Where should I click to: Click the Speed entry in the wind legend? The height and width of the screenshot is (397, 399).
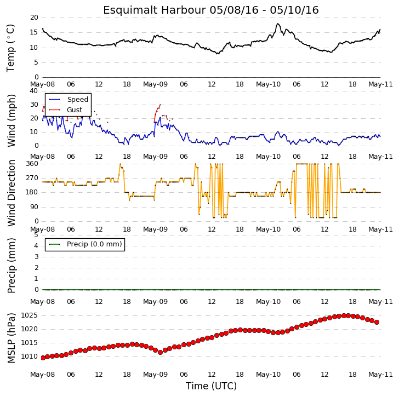pos(78,99)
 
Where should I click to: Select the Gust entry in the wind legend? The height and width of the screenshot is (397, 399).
pos(75,110)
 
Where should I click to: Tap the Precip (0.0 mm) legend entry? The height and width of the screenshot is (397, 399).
pos(94,244)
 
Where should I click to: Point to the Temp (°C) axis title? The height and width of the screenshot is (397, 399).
pos(11,48)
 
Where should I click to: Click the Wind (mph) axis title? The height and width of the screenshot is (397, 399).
pos(11,120)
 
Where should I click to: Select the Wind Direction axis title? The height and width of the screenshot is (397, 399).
pos(11,193)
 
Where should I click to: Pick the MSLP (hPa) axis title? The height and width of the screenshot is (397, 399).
pos(11,338)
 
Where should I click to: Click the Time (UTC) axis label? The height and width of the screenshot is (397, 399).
pos(211,386)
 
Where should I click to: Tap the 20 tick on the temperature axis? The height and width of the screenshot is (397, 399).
pos(34,18)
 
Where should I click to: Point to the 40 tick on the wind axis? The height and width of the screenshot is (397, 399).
pos(34,91)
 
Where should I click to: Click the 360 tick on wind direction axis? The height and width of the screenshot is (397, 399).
pos(32,164)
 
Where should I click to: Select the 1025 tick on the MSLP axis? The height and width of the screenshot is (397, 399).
pos(29,315)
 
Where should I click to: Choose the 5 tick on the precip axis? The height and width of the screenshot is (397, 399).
pos(36,235)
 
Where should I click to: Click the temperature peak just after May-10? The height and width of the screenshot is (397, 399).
pos(278,24)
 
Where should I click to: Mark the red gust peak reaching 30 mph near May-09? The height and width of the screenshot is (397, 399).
pos(160,105)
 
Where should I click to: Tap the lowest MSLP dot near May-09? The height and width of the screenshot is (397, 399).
pos(160,352)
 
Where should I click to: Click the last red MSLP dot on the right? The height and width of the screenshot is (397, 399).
pos(377,323)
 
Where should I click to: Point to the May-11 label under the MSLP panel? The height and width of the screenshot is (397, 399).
pos(381,375)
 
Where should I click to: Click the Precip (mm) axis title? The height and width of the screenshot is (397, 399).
pos(11,266)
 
